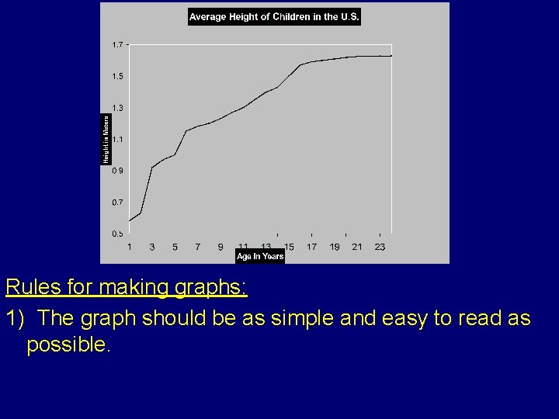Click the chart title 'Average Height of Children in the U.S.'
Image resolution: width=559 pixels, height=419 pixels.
(x=274, y=17)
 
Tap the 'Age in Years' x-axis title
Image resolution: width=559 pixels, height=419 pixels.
(x=260, y=256)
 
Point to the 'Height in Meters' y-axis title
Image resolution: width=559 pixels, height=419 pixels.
(x=106, y=139)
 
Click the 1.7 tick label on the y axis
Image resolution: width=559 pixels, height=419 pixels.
(x=116, y=44)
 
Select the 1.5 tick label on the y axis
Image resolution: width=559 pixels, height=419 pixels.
(x=116, y=76)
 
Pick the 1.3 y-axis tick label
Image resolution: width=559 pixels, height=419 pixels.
(x=116, y=108)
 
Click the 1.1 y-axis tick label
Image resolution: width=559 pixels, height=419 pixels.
(x=116, y=140)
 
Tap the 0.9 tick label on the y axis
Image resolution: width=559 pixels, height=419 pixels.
(x=116, y=171)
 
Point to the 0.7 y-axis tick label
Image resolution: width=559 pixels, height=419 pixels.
(x=116, y=202)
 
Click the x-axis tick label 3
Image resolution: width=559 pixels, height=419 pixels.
(x=152, y=247)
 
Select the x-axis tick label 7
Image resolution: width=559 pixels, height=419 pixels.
(x=198, y=247)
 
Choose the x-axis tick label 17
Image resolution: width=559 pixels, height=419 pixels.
(x=311, y=247)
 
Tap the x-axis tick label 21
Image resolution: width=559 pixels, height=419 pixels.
(x=357, y=247)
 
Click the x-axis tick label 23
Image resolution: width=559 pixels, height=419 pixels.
(x=380, y=247)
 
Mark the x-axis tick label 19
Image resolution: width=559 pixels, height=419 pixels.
(x=335, y=247)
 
